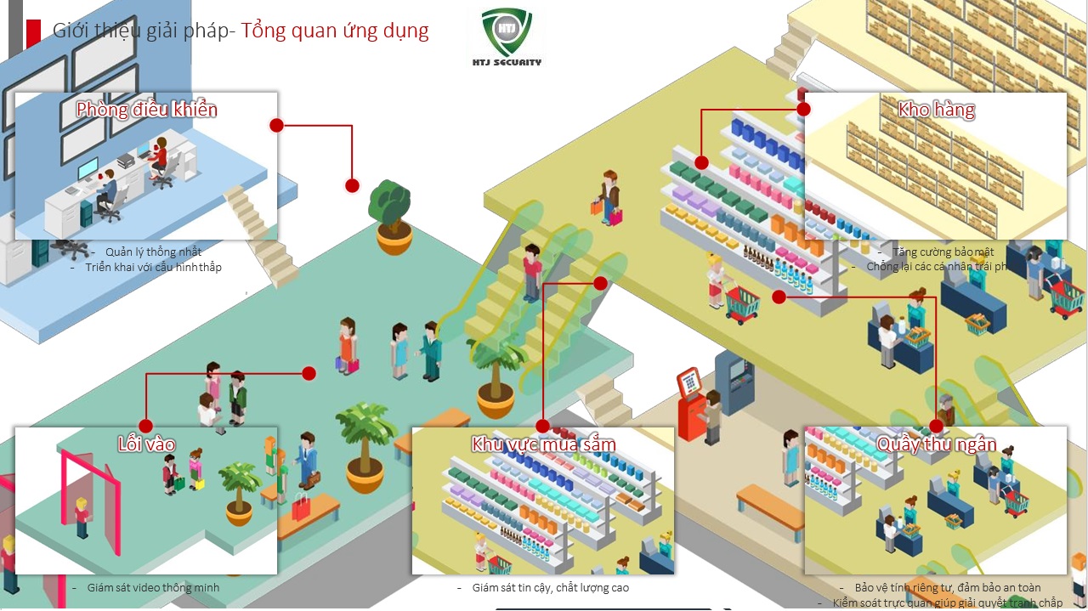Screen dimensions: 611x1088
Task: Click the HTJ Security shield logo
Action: coord(507,32)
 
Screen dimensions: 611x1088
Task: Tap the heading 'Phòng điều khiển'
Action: coord(147,110)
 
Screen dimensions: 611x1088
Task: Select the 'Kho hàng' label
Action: coord(936,109)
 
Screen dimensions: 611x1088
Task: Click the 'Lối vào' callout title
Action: coord(146,444)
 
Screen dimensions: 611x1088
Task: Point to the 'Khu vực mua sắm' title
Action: coord(544,444)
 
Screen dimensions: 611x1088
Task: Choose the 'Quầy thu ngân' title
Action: coord(936,444)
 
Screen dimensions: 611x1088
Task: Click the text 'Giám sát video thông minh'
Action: coord(153,587)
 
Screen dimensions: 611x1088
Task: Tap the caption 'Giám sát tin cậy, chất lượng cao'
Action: coord(550,587)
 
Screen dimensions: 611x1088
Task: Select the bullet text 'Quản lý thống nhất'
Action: coord(153,252)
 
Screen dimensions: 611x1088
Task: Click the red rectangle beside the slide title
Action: coord(34,32)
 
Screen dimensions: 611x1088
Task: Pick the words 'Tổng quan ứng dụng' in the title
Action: coord(335,31)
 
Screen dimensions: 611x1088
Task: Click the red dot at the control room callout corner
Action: coord(276,126)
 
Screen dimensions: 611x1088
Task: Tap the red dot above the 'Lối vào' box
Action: coord(145,426)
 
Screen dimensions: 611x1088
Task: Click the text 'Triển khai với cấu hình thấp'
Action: coord(153,268)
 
